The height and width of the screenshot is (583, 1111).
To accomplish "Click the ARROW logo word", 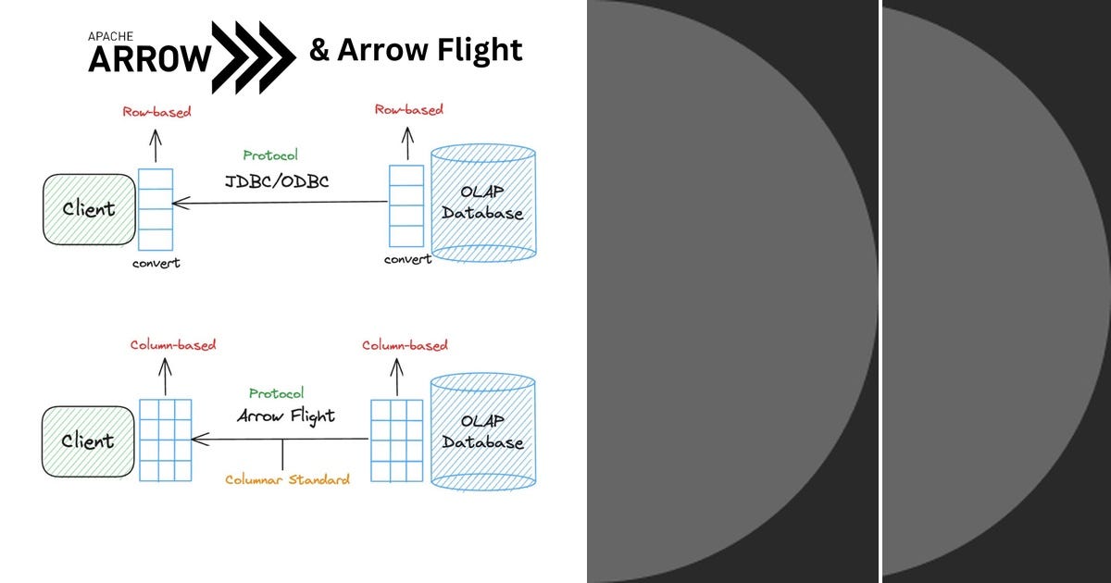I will pyautogui.click(x=149, y=59).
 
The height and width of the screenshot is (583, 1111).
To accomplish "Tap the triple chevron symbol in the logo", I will pyautogui.click(x=253, y=56).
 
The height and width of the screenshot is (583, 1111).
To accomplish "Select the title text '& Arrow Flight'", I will pyautogui.click(x=416, y=49).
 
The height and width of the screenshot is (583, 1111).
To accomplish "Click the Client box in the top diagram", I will pyautogui.click(x=88, y=209).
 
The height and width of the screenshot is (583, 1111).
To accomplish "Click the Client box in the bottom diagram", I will pyautogui.click(x=88, y=441).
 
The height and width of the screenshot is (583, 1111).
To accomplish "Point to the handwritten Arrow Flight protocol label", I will pyautogui.click(x=285, y=416).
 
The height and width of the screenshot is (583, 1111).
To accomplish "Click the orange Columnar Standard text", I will pyautogui.click(x=288, y=479).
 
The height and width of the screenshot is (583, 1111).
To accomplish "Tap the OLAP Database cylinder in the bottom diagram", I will pyautogui.click(x=483, y=432).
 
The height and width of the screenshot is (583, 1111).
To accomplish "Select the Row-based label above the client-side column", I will pyautogui.click(x=156, y=112).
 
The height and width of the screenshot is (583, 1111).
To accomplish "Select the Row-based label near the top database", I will pyautogui.click(x=408, y=109).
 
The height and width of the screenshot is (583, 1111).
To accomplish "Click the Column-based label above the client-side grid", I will pyautogui.click(x=172, y=345).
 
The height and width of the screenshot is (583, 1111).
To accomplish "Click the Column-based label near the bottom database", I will pyautogui.click(x=404, y=345).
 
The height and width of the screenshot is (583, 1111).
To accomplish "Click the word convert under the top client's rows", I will pyautogui.click(x=156, y=263).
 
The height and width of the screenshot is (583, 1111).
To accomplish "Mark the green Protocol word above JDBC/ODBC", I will pyautogui.click(x=270, y=155).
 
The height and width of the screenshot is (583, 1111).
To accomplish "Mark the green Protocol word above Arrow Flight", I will pyautogui.click(x=276, y=393).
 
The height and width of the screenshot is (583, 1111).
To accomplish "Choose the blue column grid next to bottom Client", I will pyautogui.click(x=166, y=440).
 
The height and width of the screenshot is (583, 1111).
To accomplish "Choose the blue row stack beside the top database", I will pyautogui.click(x=406, y=206).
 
